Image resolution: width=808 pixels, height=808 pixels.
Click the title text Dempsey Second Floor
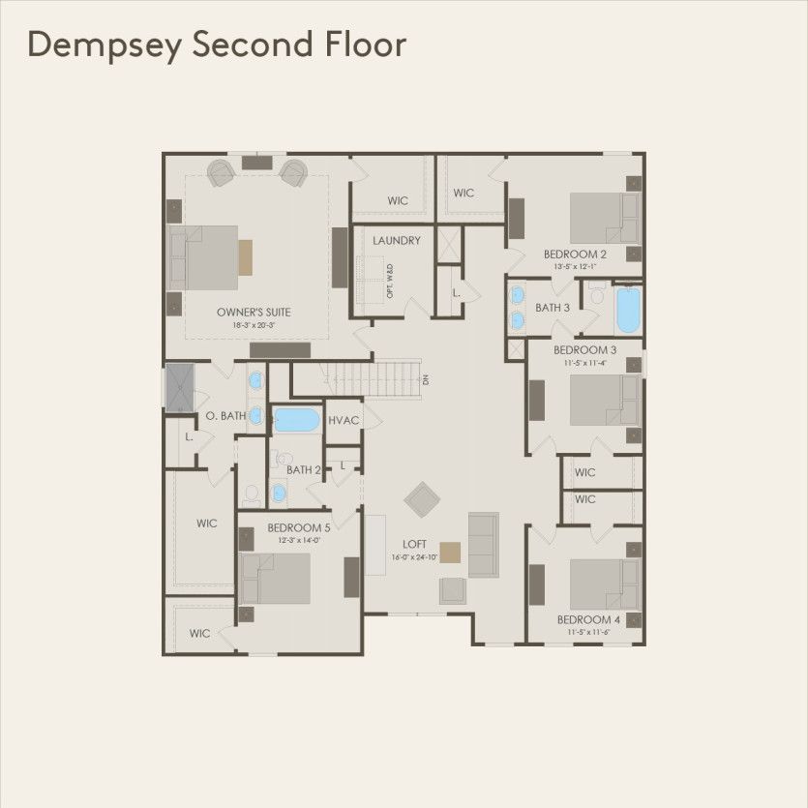[216, 45]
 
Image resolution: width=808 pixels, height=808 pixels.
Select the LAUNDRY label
[396, 240]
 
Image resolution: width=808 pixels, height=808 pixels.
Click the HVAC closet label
[344, 421]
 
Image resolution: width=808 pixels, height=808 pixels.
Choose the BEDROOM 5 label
[298, 528]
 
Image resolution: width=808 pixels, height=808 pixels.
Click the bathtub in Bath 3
[628, 309]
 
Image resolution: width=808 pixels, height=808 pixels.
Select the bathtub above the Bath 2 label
[297, 420]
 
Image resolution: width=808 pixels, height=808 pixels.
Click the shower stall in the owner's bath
[179, 387]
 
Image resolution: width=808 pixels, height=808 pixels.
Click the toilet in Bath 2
[253, 493]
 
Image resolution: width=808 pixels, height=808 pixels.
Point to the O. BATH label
[225, 416]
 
